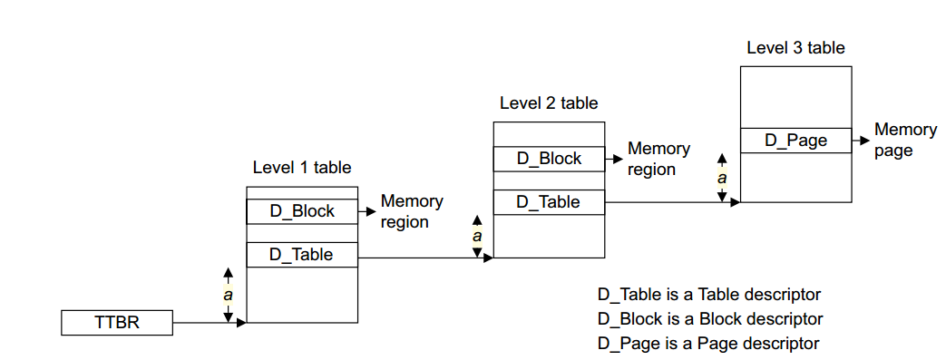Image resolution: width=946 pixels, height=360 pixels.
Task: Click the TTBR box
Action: pyautogui.click(x=117, y=322)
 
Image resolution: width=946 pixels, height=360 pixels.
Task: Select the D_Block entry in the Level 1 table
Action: pyautogui.click(x=302, y=211)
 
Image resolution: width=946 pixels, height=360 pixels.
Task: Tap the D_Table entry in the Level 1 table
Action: pyautogui.click(x=302, y=255)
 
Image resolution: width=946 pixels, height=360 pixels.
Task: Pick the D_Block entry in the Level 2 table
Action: pyautogui.click(x=549, y=159)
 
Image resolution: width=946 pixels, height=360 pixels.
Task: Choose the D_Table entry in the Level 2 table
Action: pyautogui.click(x=549, y=202)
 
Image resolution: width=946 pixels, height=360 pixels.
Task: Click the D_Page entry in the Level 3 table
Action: pyautogui.click(x=796, y=141)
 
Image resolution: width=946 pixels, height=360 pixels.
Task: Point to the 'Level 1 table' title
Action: pyautogui.click(x=302, y=168)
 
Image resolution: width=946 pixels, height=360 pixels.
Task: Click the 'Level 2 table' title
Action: pyautogui.click(x=549, y=103)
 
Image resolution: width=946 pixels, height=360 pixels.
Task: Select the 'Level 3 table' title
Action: pyautogui.click(x=795, y=47)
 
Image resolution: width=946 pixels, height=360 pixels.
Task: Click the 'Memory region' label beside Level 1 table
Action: pyautogui.click(x=412, y=211)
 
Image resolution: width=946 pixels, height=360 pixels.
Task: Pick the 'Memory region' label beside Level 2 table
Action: pyautogui.click(x=659, y=159)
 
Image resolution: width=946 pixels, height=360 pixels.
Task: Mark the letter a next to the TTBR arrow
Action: pyautogui.click(x=229, y=295)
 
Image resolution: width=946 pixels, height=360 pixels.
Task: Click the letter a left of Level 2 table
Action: pyautogui.click(x=476, y=237)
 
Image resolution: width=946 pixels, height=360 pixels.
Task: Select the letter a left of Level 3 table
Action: pyautogui.click(x=723, y=178)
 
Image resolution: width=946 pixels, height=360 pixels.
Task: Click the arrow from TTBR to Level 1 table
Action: pyautogui.click(x=209, y=322)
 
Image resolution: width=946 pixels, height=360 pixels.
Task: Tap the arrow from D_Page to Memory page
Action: pyautogui.click(x=861, y=141)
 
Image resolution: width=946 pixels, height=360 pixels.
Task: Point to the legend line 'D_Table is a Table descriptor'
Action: pyautogui.click(x=708, y=295)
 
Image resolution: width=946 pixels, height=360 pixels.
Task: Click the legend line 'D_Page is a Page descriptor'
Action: pyautogui.click(x=707, y=343)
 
